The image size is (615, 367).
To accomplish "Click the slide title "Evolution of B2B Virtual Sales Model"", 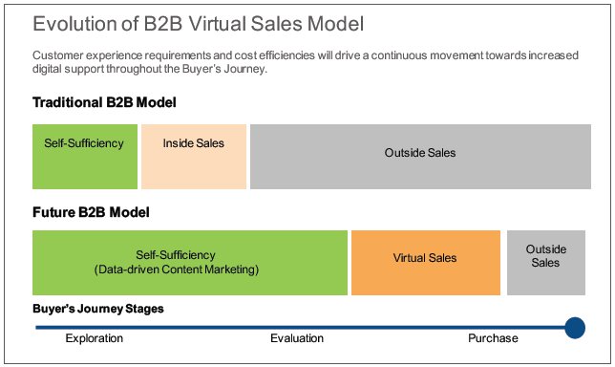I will pos(198,22).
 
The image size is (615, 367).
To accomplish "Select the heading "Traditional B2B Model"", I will pos(105,102).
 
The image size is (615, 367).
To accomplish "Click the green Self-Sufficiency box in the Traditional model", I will pos(84,156).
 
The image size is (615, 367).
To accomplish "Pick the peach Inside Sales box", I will pos(194,156).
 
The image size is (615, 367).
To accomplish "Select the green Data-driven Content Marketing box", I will pos(189,263).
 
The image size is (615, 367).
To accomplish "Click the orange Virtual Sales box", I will pos(425,263).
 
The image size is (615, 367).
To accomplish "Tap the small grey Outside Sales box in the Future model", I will pos(545,263).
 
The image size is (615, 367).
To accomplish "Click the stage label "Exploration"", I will pos(95,338).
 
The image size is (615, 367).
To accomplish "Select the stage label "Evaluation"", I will pos(297,338).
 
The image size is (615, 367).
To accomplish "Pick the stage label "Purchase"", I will pos(493,338).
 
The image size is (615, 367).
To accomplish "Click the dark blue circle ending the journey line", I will pos(575,328).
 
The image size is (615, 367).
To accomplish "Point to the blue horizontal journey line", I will pos(286,328).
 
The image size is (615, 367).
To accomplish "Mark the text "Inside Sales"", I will pos(194,144).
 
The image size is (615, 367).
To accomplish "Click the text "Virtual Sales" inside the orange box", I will pos(425,258).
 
